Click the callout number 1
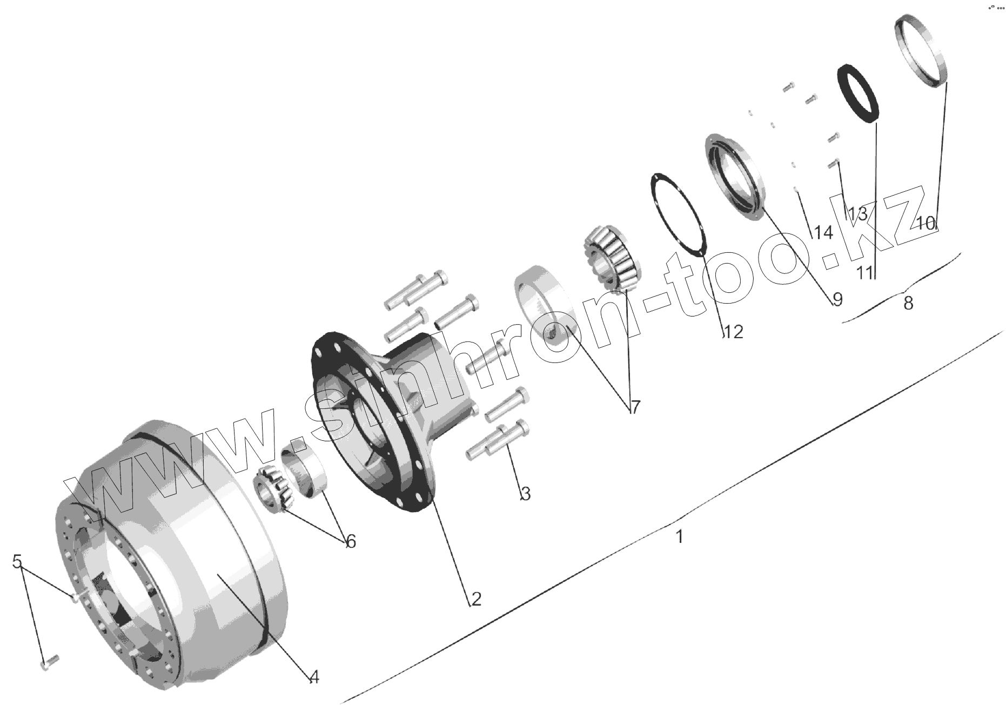pos(680,537)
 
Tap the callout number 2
pos(476,599)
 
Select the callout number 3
pos(525,493)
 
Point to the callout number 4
pos(314,676)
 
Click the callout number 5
pos(17,561)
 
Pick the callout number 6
pos(351,541)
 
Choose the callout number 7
pos(635,407)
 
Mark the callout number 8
pos(908,303)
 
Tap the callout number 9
pos(837,299)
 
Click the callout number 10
pos(927,223)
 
